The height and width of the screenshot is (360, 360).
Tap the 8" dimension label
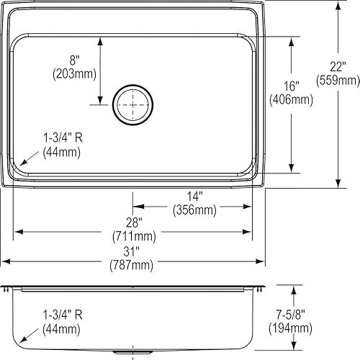point(75,60)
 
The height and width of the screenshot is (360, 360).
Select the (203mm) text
point(74,74)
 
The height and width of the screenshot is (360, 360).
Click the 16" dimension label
point(292,86)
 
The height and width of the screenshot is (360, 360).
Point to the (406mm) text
point(292,99)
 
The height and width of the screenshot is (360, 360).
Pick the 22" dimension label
point(338,66)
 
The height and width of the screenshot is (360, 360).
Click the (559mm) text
point(338,80)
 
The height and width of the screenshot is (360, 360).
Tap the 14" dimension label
point(195,197)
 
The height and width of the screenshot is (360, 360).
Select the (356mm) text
point(194,210)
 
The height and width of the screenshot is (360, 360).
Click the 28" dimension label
point(134,222)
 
